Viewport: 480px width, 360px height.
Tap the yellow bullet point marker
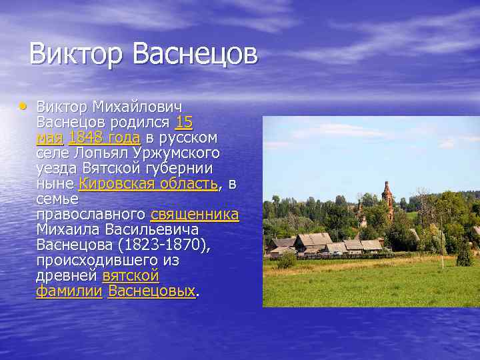(x=23, y=105)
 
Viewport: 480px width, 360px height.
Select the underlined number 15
(x=184, y=123)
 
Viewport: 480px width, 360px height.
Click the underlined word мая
(x=49, y=138)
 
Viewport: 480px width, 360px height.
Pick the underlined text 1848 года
(x=104, y=138)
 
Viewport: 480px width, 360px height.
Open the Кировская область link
(x=148, y=184)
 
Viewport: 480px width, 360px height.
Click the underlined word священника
(x=195, y=215)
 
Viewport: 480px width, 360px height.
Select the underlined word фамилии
(x=69, y=291)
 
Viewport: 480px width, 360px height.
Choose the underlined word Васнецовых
(x=151, y=291)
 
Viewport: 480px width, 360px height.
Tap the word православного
(x=91, y=215)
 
